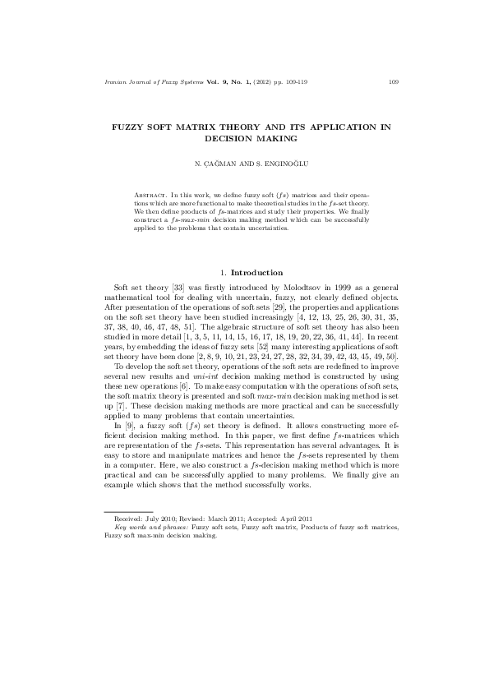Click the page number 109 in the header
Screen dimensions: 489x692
pos(393,81)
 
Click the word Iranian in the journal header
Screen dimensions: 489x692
pos(108,81)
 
